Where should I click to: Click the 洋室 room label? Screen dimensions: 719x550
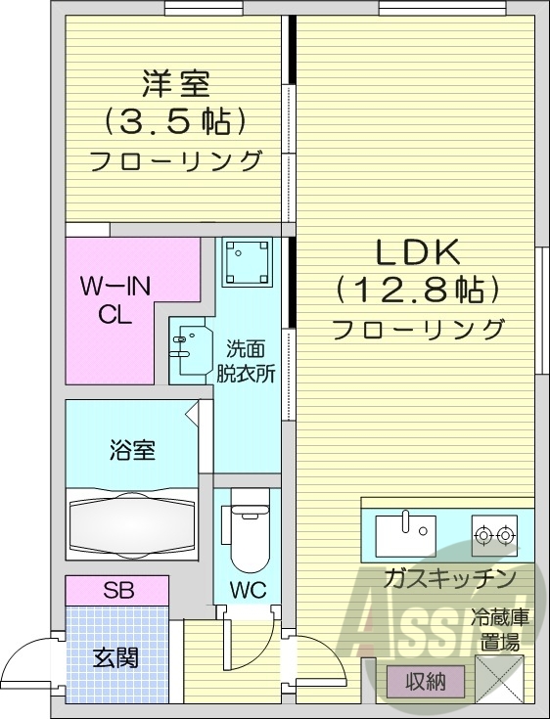[x=175, y=83]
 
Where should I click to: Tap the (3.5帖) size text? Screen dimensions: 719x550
[x=175, y=122]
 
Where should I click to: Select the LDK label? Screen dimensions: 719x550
[x=418, y=252]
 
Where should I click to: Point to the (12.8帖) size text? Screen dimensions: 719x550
[x=418, y=291]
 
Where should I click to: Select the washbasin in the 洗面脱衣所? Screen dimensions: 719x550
[x=189, y=348]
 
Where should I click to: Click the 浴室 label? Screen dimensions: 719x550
[x=132, y=451]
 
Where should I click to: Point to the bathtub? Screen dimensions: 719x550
[x=132, y=529]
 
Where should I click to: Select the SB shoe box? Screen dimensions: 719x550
[x=117, y=591]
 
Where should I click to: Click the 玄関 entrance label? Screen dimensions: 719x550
[x=115, y=656]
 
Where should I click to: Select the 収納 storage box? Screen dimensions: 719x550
[x=427, y=681]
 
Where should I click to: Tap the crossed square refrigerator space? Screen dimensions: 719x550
[x=499, y=678]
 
